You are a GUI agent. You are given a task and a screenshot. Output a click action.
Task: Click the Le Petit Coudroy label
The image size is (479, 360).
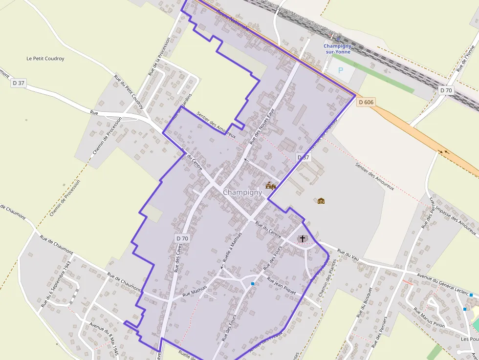[x=45, y=59]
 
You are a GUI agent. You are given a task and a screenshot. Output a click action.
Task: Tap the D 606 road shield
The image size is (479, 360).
[x=366, y=102]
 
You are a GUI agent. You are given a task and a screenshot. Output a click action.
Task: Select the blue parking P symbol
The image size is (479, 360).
[x=341, y=70]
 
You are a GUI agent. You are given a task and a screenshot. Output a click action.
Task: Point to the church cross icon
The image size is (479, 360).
[x=303, y=238]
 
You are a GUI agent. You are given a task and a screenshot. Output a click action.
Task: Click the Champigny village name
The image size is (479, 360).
[x=242, y=192]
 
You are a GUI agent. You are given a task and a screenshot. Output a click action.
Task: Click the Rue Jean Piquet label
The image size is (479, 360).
[x=282, y=285]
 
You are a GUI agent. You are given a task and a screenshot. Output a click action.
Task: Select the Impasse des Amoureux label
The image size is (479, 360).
[x=453, y=218]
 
